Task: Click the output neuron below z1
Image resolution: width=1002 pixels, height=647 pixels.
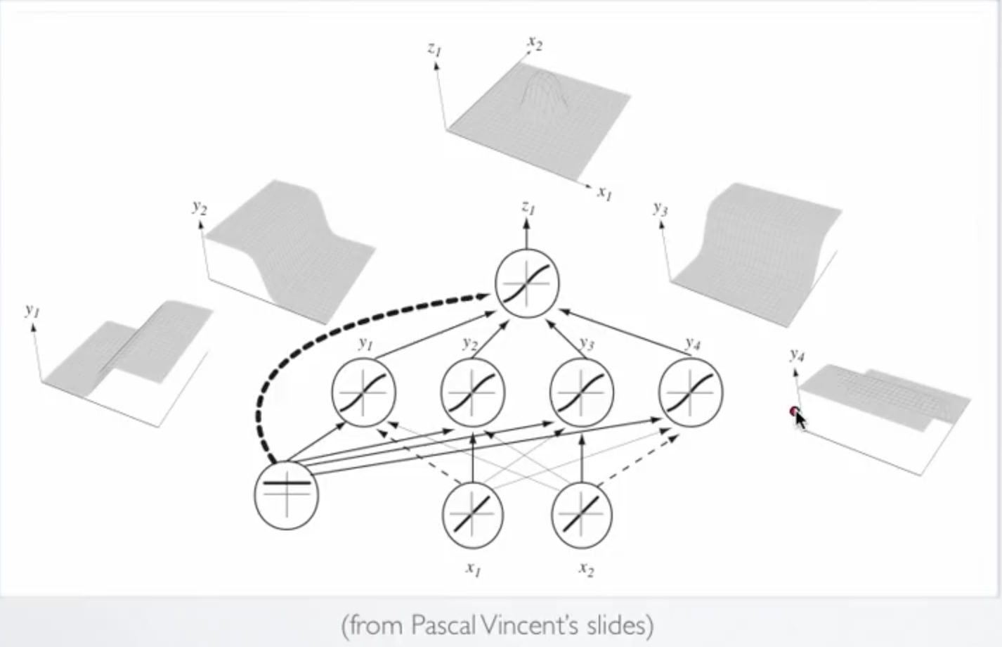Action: [x=527, y=284]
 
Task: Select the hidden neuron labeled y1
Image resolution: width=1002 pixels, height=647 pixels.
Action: [x=363, y=392]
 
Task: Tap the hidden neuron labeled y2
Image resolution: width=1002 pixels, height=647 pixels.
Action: [x=472, y=392]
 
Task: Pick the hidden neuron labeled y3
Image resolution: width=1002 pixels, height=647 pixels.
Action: [x=581, y=392]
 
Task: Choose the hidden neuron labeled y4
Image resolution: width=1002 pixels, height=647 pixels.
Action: [x=690, y=392]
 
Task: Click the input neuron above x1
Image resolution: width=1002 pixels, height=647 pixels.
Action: [x=472, y=514]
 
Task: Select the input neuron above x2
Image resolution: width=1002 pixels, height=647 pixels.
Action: [x=581, y=514]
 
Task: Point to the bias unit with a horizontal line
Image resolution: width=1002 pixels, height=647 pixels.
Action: [x=286, y=494]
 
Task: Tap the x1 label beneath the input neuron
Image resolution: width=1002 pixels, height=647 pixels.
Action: [x=473, y=568]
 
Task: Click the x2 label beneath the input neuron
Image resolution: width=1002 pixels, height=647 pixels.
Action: [x=586, y=568]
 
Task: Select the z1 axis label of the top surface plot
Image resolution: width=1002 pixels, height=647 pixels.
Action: [x=434, y=49]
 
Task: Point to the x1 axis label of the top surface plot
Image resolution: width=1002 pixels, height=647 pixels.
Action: [x=604, y=191]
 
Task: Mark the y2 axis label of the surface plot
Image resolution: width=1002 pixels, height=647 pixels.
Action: [x=200, y=207]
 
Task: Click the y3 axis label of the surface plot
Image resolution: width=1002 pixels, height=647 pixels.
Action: [x=660, y=208]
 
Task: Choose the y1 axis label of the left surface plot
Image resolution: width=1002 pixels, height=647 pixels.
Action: [x=32, y=309]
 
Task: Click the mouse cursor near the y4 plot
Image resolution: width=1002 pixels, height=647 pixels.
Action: [x=798, y=417]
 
